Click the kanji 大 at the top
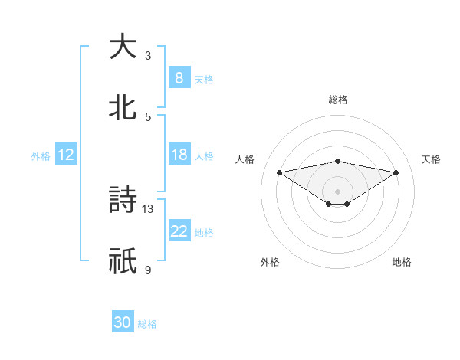[x=123, y=47]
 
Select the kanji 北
[x=123, y=107]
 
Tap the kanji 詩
[x=123, y=200]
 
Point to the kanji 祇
[x=123, y=261]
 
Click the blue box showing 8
[x=179, y=77]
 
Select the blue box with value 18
[x=179, y=155]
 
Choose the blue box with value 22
[x=179, y=231]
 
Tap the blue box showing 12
[x=66, y=155]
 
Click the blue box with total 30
[x=123, y=322]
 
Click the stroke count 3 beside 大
[x=148, y=55]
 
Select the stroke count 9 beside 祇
[x=148, y=270]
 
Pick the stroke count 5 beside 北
[x=148, y=116]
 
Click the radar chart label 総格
[x=338, y=100]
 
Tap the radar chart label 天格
[x=431, y=159]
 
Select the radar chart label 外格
[x=270, y=262]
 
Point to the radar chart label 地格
[x=402, y=262]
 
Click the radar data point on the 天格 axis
[x=396, y=172]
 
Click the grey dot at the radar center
[x=338, y=191]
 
